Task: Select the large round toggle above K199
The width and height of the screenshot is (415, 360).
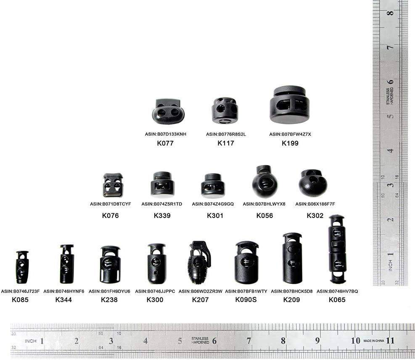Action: pos(290,105)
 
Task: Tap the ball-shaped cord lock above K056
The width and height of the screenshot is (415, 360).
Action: pos(264,181)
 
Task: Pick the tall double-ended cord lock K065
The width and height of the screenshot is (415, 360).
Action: pos(337,249)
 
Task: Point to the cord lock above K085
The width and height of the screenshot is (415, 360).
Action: pos(22,267)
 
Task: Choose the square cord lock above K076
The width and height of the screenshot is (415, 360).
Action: pos(113,185)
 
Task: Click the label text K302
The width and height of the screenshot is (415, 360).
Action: pos(315,215)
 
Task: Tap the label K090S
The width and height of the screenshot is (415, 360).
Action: pos(246,300)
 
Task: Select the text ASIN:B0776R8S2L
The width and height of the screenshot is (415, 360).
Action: pos(226,134)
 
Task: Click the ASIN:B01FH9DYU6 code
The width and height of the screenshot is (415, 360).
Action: pos(109,291)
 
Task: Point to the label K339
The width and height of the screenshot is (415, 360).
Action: pos(162,215)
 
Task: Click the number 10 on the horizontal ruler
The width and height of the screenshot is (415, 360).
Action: pos(355,340)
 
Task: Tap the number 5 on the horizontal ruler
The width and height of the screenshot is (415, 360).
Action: pos(180,341)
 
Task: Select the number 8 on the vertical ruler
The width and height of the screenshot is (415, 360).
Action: pos(390,13)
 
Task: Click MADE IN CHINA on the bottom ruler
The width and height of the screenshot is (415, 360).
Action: pos(374,341)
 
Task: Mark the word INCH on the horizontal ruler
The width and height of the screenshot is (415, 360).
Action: pos(30,341)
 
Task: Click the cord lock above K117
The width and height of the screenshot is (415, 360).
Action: pos(224,110)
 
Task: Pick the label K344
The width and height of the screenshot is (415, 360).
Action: pos(63,300)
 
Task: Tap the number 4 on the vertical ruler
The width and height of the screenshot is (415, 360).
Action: pos(390,151)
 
